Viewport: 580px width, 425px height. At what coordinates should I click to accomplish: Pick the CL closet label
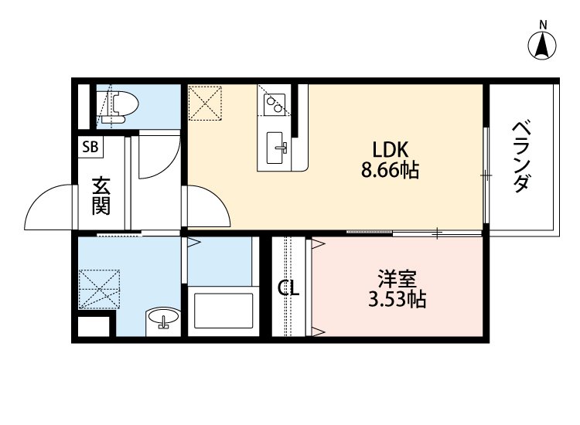pos(288,289)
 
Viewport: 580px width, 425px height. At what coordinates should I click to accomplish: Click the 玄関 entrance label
pos(101,195)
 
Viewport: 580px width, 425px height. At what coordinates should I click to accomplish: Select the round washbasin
pos(162,318)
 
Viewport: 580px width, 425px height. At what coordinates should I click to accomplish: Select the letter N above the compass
pos(544,24)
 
